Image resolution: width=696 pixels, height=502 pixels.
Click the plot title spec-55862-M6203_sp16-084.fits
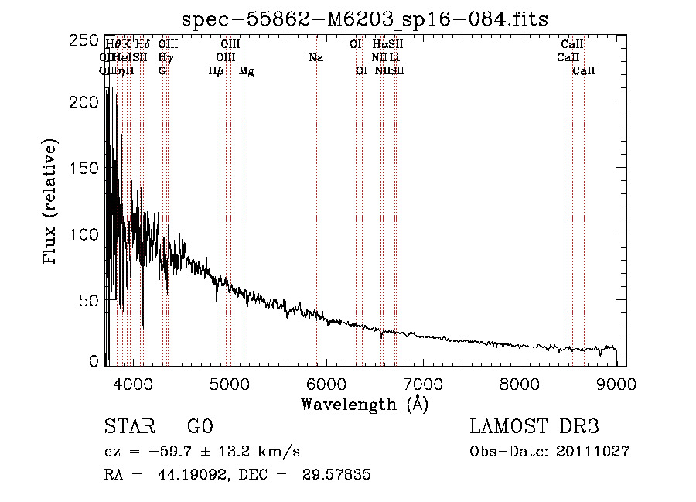coord(364,18)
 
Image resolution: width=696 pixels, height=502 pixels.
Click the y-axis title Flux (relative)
coord(51,202)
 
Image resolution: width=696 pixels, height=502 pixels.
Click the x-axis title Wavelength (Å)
coord(364,404)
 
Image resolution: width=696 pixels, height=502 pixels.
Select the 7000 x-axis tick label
coord(423,384)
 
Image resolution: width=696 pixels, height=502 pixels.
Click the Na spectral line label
coord(316,58)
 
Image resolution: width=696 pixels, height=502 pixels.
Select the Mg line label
coord(246,71)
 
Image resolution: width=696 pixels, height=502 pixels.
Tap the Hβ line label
coord(217,71)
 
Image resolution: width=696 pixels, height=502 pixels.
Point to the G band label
coord(162,71)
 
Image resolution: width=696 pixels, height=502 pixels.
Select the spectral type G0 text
coord(200,427)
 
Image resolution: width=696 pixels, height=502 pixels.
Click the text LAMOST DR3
coord(534,427)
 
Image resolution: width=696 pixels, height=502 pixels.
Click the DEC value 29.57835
coord(337,475)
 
